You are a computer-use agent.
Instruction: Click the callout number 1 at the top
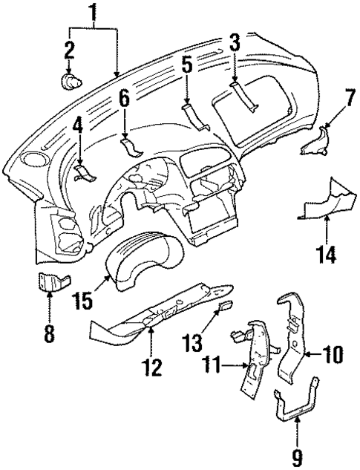[x=93, y=12]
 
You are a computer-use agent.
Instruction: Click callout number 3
[x=234, y=44]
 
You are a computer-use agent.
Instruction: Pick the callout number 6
[x=124, y=97]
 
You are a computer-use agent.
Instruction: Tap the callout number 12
[x=151, y=365]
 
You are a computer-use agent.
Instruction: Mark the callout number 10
[x=333, y=354]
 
